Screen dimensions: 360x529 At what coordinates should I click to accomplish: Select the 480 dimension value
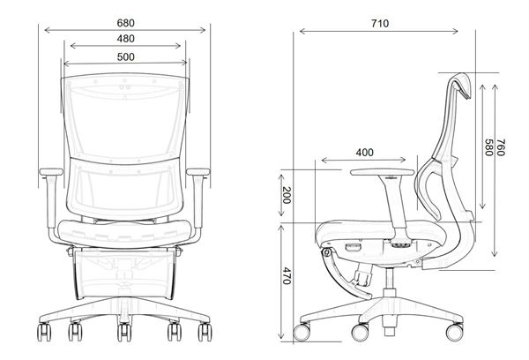pyautogui.click(x=125, y=38)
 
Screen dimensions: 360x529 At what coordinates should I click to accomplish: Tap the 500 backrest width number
pyautogui.click(x=125, y=57)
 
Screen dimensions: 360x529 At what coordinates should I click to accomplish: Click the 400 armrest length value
pyautogui.click(x=364, y=152)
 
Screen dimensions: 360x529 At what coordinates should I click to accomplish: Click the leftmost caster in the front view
pyautogui.click(x=41, y=334)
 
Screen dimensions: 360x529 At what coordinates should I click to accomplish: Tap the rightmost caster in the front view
pyautogui.click(x=209, y=334)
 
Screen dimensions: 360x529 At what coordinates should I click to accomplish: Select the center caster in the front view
pyautogui.click(x=124, y=334)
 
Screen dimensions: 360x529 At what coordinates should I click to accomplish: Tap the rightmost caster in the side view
pyautogui.click(x=458, y=331)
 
